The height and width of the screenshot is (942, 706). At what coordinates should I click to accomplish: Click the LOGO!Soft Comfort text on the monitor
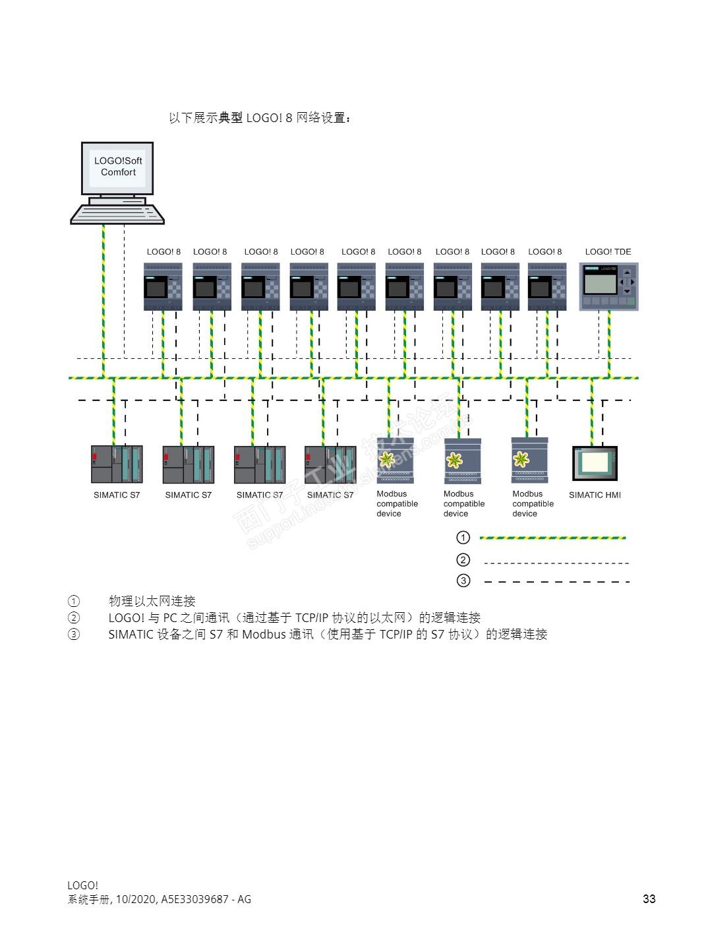tap(118, 166)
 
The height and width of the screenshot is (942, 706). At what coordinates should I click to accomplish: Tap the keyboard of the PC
tap(117, 214)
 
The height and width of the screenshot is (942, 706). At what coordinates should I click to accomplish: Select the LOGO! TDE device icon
tap(608, 286)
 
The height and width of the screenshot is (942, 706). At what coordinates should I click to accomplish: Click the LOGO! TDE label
tap(608, 251)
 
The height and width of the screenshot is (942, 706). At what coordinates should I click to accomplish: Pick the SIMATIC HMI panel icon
tap(595, 464)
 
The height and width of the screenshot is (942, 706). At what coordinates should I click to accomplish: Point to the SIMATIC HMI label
tap(595, 495)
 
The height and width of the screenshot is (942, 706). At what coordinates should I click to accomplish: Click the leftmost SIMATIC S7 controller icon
tap(117, 464)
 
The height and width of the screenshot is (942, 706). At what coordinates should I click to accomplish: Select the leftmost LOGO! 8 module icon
tap(163, 286)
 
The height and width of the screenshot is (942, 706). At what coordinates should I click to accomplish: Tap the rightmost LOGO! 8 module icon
tap(546, 286)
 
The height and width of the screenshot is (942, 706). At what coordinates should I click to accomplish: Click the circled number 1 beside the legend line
tap(463, 538)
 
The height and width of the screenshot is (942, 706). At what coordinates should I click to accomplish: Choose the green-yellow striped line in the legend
tap(552, 538)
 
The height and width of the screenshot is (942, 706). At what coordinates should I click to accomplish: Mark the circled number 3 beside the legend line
tap(463, 581)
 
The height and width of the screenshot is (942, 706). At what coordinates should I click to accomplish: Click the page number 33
tap(649, 899)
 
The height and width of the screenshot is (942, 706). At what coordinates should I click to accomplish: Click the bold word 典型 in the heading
tap(231, 117)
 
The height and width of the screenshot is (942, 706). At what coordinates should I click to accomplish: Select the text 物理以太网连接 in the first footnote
tap(152, 601)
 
